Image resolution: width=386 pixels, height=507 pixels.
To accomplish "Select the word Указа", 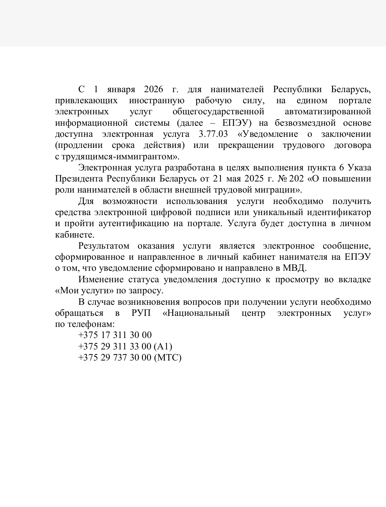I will click(x=359, y=168).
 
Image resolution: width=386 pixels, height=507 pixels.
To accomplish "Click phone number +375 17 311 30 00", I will click(x=115, y=335).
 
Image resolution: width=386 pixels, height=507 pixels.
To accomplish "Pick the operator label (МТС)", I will click(x=168, y=357).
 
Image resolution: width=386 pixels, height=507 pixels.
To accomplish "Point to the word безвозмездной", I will click(x=306, y=123).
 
